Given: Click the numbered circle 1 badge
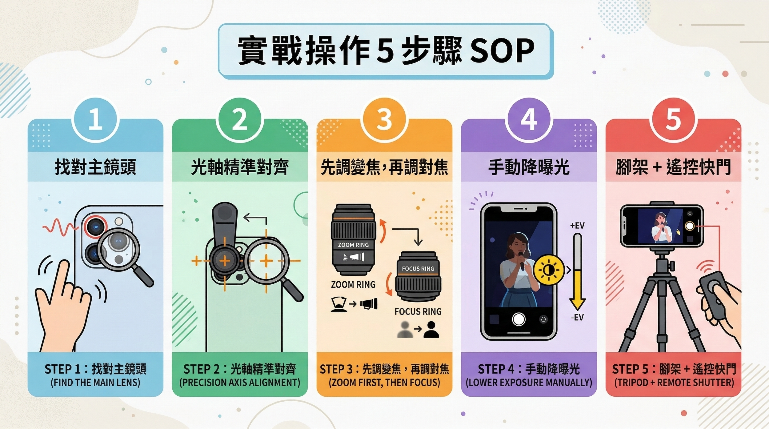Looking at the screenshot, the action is point(96,120).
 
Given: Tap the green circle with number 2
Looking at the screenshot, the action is point(240,120).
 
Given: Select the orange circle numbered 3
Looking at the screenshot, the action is point(384,120).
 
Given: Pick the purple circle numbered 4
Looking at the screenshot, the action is point(529,120).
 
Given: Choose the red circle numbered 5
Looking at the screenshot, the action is point(673,120).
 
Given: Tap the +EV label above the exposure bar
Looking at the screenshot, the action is point(577,225).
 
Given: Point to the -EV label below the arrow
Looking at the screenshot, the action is point(577,317).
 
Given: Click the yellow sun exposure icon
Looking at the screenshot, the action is point(549,270).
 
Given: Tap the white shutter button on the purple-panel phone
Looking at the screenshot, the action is point(518,319).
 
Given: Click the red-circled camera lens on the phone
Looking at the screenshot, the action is point(96,225).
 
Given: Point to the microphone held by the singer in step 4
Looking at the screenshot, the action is point(521,261).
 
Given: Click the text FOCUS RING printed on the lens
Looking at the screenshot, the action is point(418,269).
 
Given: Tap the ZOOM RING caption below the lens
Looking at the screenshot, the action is point(353,285).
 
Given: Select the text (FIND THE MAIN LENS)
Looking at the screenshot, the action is point(95,382).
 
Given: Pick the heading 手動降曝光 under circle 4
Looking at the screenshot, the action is point(529,167).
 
